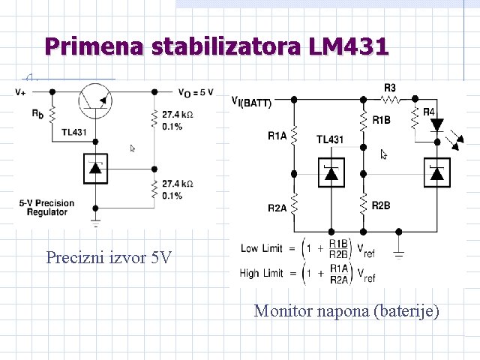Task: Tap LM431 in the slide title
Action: pos(348,46)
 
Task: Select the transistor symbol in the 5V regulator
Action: pos(95,100)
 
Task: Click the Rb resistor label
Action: pos(37,115)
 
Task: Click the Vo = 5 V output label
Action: pos(196,92)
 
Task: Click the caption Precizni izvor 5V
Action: pos(109,259)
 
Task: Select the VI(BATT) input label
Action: pos(253,100)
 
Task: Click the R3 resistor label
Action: pos(390,88)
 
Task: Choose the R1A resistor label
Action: pos(277,136)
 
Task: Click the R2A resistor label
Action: pos(277,208)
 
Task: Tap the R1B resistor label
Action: pos(381,120)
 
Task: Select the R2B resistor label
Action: pos(381,205)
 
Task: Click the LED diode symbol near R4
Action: pos(438,124)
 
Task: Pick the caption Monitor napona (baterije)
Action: pos(346,310)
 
